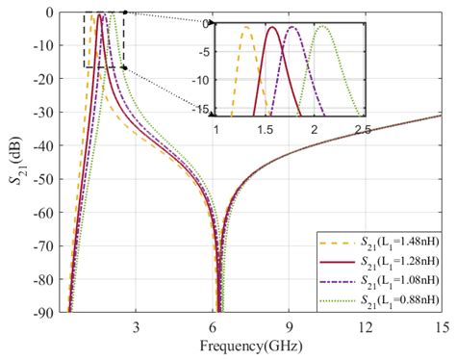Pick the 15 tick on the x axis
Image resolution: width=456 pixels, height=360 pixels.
[x=441, y=326]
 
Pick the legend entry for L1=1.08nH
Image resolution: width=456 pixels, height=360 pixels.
[x=379, y=279]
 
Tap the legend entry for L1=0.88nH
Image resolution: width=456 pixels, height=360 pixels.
[x=379, y=296]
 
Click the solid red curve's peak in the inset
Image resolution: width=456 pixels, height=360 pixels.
[x=272, y=27]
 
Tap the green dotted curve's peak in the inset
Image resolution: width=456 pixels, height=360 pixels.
[x=325, y=27]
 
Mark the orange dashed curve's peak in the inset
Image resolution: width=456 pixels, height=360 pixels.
[x=246, y=27]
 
